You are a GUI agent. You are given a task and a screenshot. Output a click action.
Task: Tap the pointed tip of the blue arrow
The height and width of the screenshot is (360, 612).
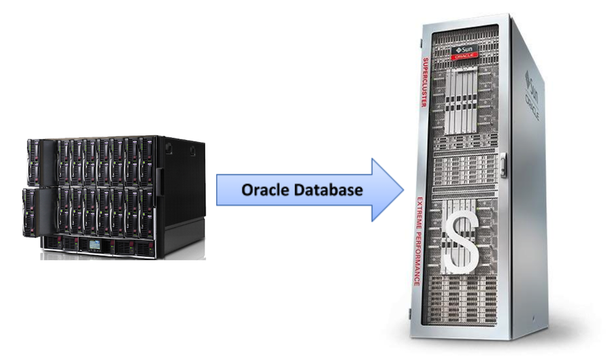pos(403,190)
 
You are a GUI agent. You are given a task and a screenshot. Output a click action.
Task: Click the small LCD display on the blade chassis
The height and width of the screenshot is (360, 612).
pos(97,243)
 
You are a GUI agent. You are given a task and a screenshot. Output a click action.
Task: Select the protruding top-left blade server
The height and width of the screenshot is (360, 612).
pos(33,161)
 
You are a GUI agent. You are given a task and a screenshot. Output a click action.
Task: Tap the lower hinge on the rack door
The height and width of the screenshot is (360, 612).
pos(410,314)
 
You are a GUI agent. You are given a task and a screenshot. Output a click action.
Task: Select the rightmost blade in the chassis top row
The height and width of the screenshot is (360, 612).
pos(146,161)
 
